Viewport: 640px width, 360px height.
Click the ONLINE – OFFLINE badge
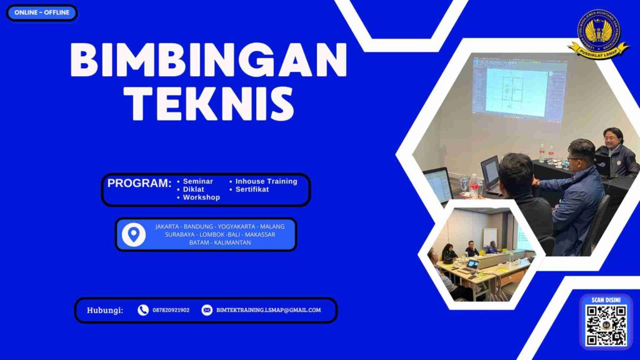click(42, 12)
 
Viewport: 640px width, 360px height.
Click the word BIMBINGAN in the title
click(208, 61)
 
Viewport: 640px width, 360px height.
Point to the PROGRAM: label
click(139, 184)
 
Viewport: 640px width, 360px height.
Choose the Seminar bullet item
click(197, 181)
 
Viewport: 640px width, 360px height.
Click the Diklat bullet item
click(193, 189)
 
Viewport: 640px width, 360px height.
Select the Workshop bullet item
click(201, 197)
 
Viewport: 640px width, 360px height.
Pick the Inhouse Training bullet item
click(266, 181)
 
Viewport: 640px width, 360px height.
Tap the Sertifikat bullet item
click(252, 189)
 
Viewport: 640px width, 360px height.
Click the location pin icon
click(133, 234)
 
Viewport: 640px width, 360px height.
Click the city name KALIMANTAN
click(232, 242)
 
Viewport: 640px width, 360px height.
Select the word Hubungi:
click(105, 310)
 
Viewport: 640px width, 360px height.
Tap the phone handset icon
click(143, 310)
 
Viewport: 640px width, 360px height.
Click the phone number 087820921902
click(171, 310)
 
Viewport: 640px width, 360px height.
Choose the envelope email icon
click(207, 310)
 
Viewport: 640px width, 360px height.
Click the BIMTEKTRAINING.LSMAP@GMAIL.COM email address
click(268, 310)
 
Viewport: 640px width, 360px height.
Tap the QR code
click(606, 325)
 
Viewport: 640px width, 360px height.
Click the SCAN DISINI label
click(606, 300)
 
